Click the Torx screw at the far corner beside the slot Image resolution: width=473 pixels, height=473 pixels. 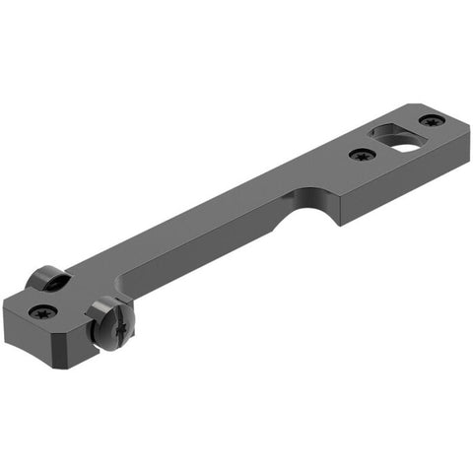coord(431,120)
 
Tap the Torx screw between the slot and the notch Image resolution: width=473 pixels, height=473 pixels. coord(364,154)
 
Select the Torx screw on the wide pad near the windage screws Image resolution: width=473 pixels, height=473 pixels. coord(42,311)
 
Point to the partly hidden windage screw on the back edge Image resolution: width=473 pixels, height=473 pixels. coord(47,280)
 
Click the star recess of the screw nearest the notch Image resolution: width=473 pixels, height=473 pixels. coord(364,154)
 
